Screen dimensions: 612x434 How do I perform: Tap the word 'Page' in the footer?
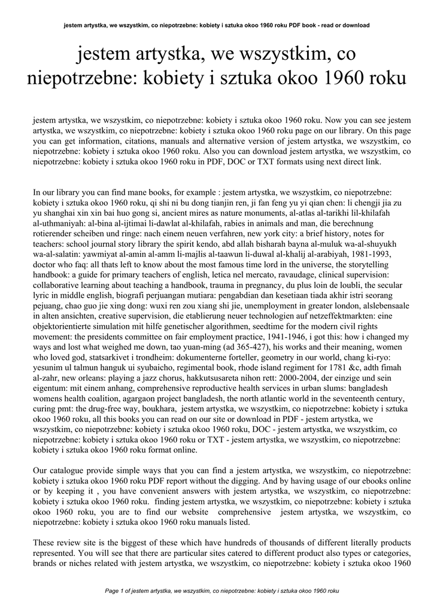pyautogui.click(x=112, y=591)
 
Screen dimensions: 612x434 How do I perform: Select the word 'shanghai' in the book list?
pyautogui.click(x=62, y=212)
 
